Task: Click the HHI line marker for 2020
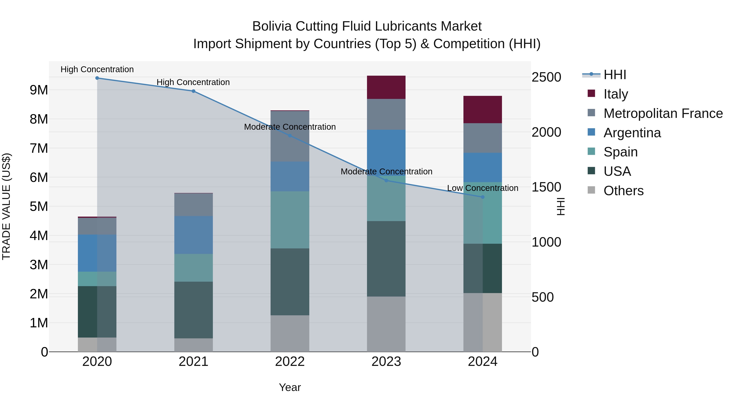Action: click(97, 78)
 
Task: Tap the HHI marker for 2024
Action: click(482, 197)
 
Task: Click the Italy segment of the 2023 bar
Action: click(386, 87)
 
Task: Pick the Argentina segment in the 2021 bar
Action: click(193, 235)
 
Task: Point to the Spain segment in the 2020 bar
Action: click(97, 279)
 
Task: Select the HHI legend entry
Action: click(614, 75)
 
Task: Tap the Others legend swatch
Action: click(591, 190)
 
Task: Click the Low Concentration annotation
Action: click(482, 188)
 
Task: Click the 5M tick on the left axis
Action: click(39, 206)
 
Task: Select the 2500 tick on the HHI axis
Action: click(546, 77)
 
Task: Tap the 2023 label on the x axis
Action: click(386, 362)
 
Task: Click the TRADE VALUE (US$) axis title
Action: click(6, 206)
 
